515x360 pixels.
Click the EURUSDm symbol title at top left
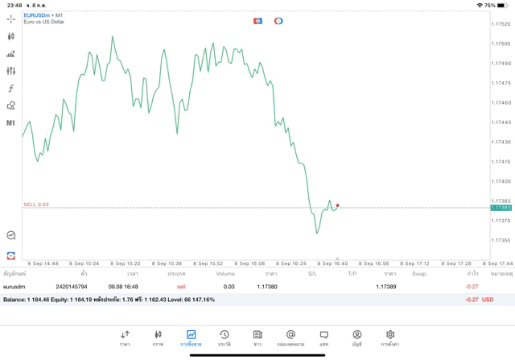click(x=38, y=14)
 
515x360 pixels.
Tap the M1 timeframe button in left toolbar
click(x=11, y=123)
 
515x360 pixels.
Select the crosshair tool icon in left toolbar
click(x=11, y=19)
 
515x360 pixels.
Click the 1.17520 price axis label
click(x=501, y=24)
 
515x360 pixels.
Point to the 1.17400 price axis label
click(x=501, y=181)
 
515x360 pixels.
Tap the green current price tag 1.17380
click(x=501, y=208)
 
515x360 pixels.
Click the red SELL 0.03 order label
click(x=36, y=205)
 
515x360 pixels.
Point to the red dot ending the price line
click(x=337, y=205)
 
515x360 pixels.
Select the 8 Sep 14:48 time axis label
click(x=43, y=263)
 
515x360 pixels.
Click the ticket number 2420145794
click(x=72, y=286)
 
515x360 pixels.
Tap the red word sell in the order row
click(x=180, y=286)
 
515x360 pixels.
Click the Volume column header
click(x=225, y=274)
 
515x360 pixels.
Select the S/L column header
click(x=312, y=274)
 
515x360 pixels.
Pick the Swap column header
click(x=419, y=274)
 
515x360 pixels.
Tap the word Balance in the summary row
click(x=14, y=300)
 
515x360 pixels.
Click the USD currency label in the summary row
click(x=488, y=300)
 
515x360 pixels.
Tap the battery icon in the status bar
click(x=502, y=5)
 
